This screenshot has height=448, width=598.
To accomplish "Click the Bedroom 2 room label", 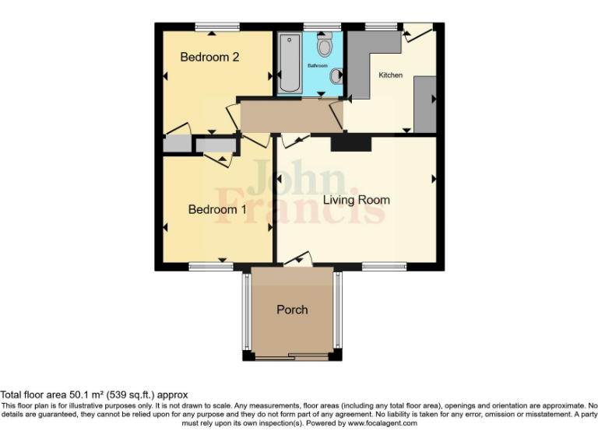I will (209, 57).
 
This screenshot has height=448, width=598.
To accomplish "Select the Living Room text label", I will (357, 200).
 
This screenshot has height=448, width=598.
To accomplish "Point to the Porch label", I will (292, 310).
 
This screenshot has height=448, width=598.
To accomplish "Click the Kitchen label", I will (390, 75).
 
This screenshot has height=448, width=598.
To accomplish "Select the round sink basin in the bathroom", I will (336, 76).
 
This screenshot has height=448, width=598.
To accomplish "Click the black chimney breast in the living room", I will (350, 143).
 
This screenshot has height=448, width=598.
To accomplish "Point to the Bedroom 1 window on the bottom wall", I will (211, 267).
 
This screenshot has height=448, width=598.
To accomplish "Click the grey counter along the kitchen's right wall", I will (425, 104).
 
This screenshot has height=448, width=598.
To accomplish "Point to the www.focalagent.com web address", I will (382, 424).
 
